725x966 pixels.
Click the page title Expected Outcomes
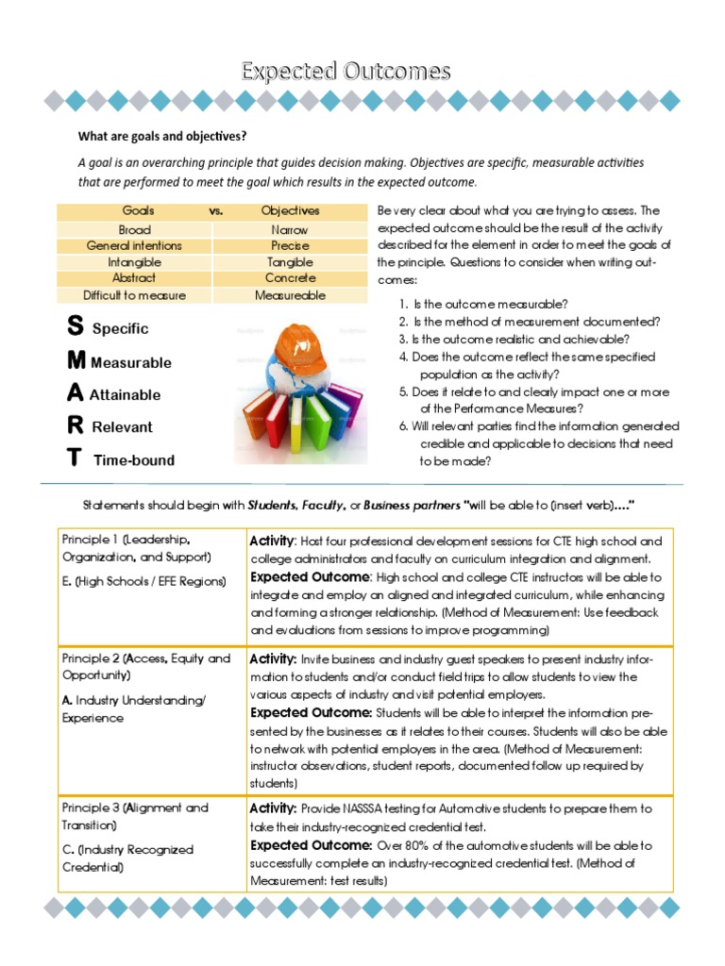346,72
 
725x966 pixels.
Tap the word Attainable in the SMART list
125,395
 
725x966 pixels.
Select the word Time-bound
133,460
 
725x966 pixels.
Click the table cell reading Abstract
134,278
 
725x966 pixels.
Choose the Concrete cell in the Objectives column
290,278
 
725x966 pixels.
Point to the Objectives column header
290,211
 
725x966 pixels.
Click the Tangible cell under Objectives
290,262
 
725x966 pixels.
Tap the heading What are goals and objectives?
161,135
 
